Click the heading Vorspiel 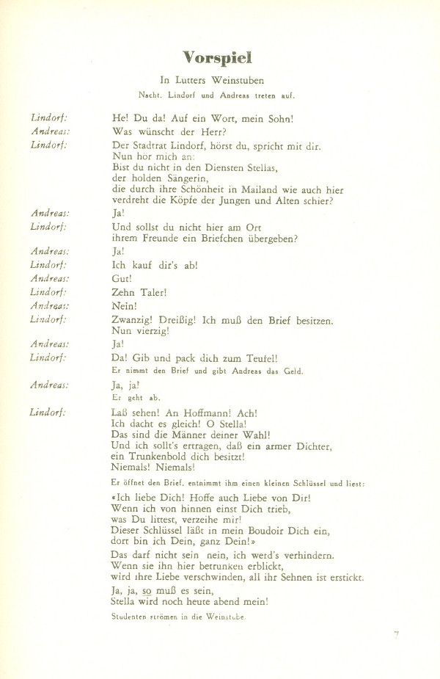click(x=221, y=57)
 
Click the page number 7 click(x=395, y=634)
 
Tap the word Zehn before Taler click(x=125, y=292)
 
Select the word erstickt click(x=341, y=577)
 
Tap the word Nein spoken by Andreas click(x=125, y=305)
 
